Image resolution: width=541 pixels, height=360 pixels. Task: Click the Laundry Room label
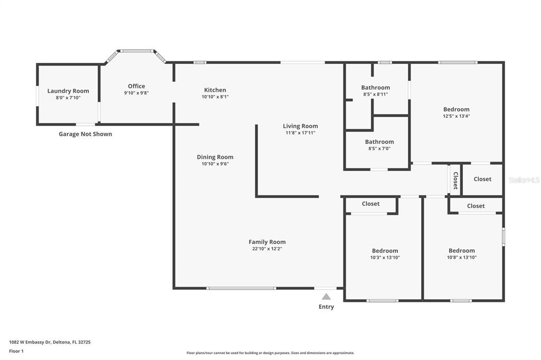pos(68,91)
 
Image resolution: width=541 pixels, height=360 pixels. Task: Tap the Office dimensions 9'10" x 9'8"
pos(136,93)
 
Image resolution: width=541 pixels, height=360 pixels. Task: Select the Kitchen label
pos(215,90)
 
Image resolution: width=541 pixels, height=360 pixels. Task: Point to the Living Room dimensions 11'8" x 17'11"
pos(300,133)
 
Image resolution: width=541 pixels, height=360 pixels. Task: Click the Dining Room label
pos(215,157)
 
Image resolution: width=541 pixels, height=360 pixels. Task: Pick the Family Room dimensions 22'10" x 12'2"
pos(267,249)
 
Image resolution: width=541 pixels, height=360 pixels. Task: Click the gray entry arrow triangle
pos(326,297)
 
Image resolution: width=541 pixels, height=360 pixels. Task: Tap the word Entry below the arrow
pos(326,307)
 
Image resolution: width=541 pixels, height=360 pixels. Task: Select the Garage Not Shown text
pos(85,134)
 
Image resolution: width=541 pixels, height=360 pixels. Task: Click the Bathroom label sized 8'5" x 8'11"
pos(376,88)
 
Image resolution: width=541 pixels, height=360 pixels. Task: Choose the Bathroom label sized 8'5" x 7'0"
pos(379,141)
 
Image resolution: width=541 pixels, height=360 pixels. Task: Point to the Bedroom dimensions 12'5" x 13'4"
pos(456,116)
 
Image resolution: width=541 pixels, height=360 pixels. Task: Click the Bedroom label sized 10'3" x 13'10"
pos(385,251)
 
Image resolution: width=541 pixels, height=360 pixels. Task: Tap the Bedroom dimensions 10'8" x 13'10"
pos(462,257)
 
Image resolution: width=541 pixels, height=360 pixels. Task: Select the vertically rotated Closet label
pos(455,181)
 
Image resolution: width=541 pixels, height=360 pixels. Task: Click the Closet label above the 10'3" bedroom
pos(370,204)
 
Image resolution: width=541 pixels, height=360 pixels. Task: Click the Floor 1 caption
pos(16,352)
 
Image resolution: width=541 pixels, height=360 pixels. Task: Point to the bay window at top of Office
pos(137,51)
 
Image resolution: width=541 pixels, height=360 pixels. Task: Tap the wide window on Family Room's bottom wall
pos(241,288)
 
